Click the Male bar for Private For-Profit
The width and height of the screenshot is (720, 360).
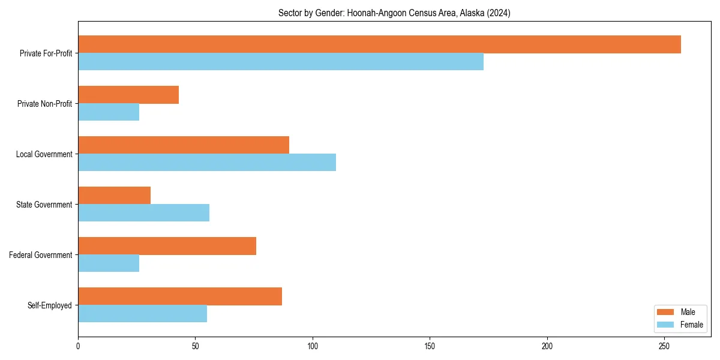[379, 44]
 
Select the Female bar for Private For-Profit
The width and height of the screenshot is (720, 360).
[281, 62]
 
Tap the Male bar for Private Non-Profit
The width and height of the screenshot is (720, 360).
[128, 95]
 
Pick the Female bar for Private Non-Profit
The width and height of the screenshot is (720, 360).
[109, 112]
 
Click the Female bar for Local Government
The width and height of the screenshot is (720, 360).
[207, 163]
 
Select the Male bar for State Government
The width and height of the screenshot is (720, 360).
[114, 196]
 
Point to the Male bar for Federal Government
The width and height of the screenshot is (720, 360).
[167, 246]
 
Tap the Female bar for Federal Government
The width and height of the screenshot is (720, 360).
[109, 263]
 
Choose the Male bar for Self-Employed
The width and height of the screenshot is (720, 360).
[180, 296]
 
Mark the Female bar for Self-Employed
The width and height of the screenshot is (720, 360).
[142, 314]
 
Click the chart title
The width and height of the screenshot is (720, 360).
[394, 13]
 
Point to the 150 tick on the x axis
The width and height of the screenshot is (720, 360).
[430, 346]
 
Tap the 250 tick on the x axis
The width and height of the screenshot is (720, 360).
[664, 346]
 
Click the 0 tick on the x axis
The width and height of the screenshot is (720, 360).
[78, 346]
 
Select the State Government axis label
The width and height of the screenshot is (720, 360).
[44, 205]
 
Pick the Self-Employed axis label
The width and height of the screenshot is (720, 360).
[49, 305]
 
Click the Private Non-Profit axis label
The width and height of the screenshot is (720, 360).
[44, 104]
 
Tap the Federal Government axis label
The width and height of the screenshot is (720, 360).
[41, 255]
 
